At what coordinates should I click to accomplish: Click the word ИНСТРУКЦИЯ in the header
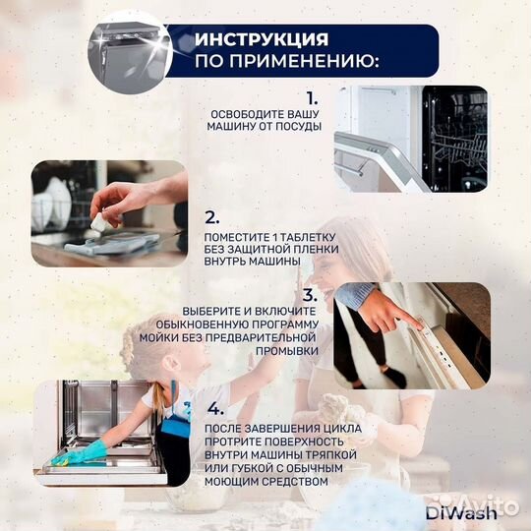click(260, 39)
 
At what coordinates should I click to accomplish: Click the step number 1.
click(312, 98)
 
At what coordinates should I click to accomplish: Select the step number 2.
click(211, 218)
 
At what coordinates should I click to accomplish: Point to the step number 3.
click(310, 294)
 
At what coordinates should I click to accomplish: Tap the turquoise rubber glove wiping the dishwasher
click(84, 453)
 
